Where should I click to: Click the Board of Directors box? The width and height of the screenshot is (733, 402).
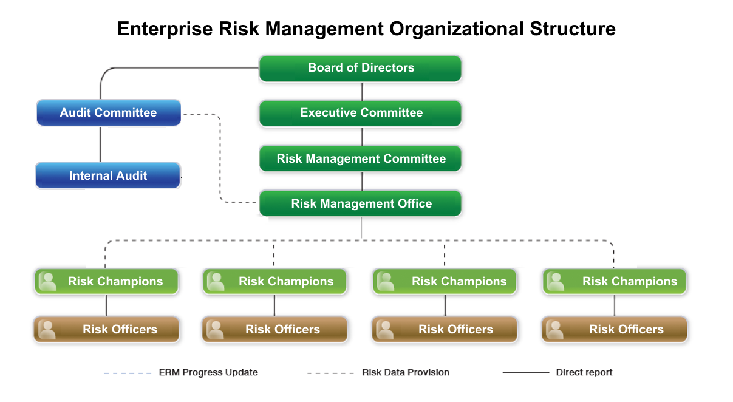[360, 69]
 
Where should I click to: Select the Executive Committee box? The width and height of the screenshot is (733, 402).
[360, 113]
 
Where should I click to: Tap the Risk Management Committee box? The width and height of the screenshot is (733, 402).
[360, 158]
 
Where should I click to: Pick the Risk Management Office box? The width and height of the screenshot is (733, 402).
[360, 203]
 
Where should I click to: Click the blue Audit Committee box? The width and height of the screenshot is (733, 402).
[109, 113]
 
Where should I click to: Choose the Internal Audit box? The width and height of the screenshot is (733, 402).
[108, 175]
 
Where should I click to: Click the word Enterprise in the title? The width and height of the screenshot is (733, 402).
[165, 29]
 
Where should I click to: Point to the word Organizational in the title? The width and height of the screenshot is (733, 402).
[457, 29]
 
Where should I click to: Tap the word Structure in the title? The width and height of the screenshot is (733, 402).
[573, 29]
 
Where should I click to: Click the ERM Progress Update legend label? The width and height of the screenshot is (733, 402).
[208, 372]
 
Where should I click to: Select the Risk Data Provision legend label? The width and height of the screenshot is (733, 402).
[406, 372]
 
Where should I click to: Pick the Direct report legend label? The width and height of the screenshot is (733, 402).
[584, 372]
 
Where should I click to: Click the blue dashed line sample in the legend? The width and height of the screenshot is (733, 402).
[128, 373]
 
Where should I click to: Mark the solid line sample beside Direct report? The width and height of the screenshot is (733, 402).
[526, 373]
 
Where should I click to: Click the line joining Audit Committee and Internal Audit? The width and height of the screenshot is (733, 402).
[100, 144]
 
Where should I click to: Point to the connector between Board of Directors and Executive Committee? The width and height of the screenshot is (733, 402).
[361, 91]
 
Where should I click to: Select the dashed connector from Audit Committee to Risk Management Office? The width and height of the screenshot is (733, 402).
[220, 158]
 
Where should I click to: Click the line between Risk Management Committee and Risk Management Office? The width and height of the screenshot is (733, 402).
[361, 181]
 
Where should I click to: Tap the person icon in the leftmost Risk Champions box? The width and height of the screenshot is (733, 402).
[48, 282]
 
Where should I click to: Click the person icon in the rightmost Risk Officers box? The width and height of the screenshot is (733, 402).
[555, 330]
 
